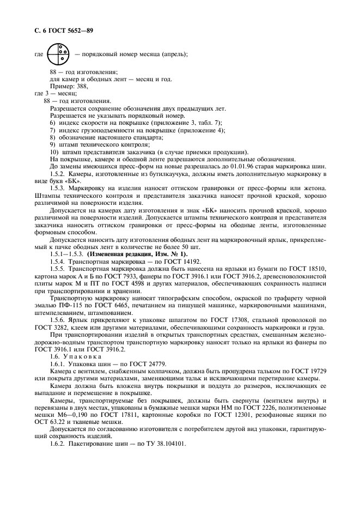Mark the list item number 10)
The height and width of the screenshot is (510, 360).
click(x=53, y=151)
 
